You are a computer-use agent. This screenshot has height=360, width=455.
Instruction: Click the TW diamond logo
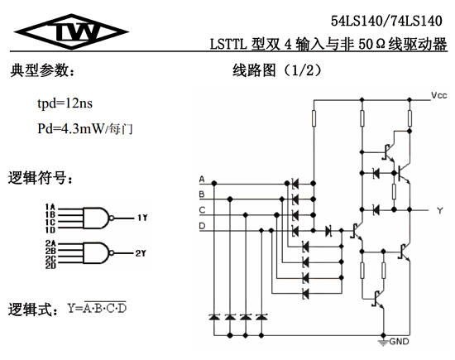71,31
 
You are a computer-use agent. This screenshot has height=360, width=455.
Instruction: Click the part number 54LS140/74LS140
386,21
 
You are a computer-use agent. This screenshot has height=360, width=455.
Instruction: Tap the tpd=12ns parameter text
65,103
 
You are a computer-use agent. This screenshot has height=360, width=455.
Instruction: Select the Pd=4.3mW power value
70,128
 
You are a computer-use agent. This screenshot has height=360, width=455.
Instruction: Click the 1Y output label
142,218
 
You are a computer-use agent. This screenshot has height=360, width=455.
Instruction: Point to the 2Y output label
141,253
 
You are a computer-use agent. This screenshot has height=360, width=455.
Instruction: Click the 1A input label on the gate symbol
50,207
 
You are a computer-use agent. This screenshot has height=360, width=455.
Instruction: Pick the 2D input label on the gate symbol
50,266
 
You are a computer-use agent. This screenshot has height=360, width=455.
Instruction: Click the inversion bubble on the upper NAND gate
112,218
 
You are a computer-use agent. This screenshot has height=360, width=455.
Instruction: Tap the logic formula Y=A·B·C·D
97,308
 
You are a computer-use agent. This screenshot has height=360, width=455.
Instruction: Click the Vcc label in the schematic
438,95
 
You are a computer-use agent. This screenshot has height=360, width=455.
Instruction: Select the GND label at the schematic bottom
399,342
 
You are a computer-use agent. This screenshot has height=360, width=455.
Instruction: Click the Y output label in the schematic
440,210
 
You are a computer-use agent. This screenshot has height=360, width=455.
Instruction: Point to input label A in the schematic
202,180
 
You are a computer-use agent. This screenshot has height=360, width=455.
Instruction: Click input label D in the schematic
202,226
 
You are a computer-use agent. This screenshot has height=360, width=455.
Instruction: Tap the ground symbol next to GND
383,342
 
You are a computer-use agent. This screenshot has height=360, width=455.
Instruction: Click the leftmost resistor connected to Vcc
314,118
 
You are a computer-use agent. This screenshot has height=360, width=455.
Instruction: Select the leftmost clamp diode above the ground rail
214,317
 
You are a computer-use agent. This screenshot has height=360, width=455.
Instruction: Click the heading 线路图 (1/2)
277,70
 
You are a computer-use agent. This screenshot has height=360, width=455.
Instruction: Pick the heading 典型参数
42,70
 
